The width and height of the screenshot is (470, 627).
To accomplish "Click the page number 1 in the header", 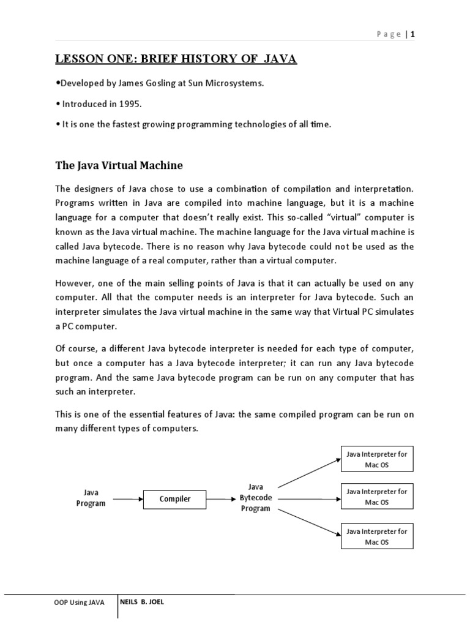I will click(413, 34).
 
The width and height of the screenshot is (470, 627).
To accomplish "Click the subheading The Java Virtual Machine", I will click(119, 166).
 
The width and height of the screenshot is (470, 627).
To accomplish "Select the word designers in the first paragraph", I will click(92, 187).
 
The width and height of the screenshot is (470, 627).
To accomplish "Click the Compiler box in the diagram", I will click(175, 499).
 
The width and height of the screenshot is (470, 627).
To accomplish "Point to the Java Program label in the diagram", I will click(91, 498).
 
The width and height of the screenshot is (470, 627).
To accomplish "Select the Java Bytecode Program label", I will click(255, 497).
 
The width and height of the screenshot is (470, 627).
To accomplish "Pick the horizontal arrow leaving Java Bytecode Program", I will click(306, 498).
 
